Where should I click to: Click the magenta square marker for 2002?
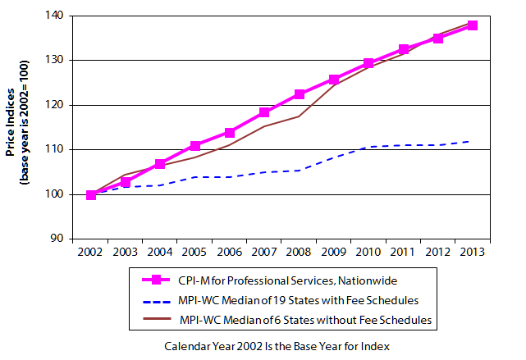[91, 194]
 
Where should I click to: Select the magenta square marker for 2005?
[195, 145]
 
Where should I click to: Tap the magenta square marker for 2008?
[300, 94]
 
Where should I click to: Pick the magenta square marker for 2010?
[369, 63]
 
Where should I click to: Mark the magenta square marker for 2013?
[473, 25]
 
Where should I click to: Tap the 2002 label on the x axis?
[91, 252]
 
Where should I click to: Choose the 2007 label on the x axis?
[264, 252]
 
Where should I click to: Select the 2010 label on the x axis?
[368, 252]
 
